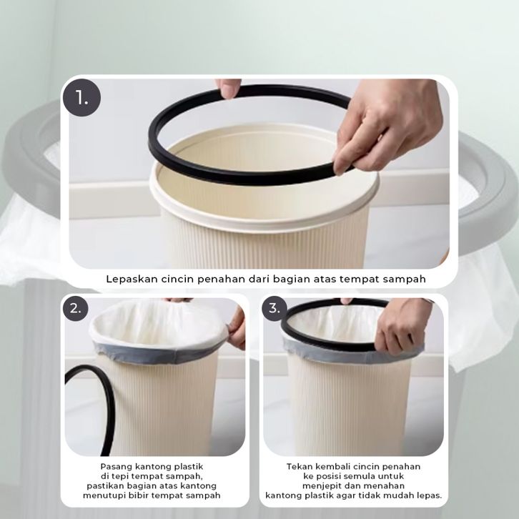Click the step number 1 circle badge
pos(81,98)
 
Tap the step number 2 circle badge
pos(76,309)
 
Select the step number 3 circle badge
pos(275,309)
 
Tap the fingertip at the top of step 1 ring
pos(228,89)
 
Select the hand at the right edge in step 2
pos(237,327)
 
